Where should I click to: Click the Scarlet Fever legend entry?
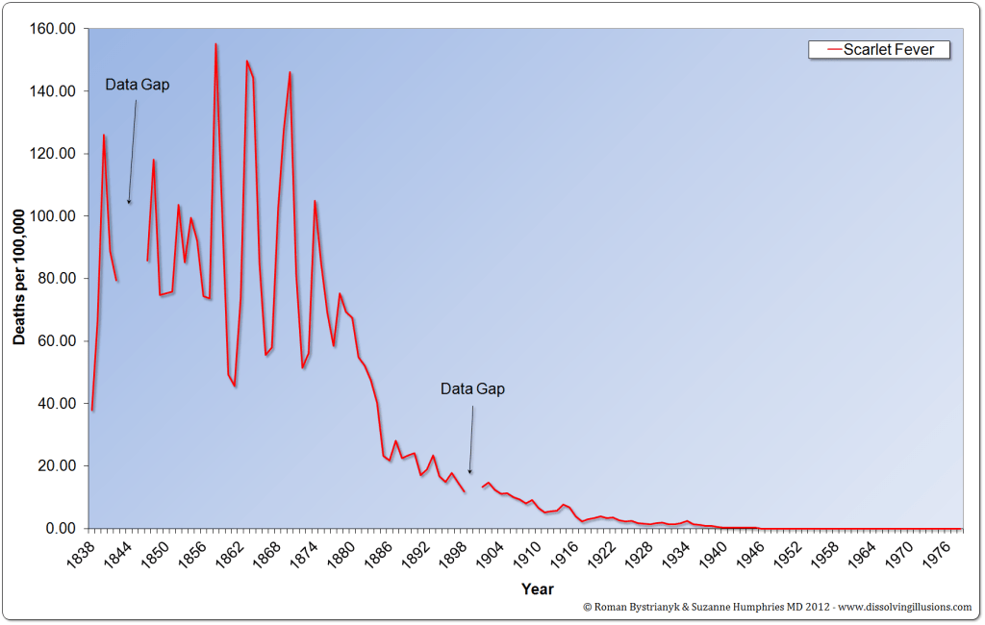click(878, 49)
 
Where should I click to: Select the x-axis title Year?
click(537, 588)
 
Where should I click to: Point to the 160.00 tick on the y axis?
click(54, 29)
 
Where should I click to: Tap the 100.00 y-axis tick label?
click(54, 216)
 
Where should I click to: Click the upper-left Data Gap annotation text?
click(138, 85)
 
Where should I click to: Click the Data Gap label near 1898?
click(472, 389)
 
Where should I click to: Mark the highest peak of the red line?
click(215, 44)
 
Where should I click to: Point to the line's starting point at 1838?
click(92, 410)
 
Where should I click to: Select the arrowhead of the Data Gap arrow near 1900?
click(469, 471)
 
